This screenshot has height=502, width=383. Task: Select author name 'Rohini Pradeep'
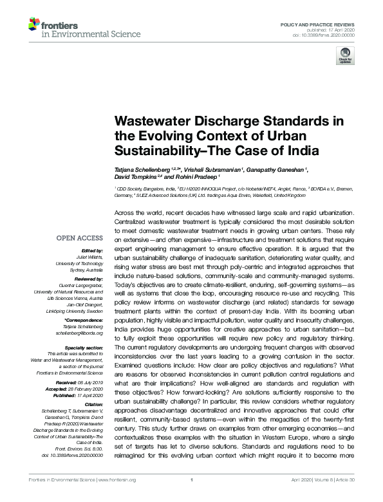[195, 176]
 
